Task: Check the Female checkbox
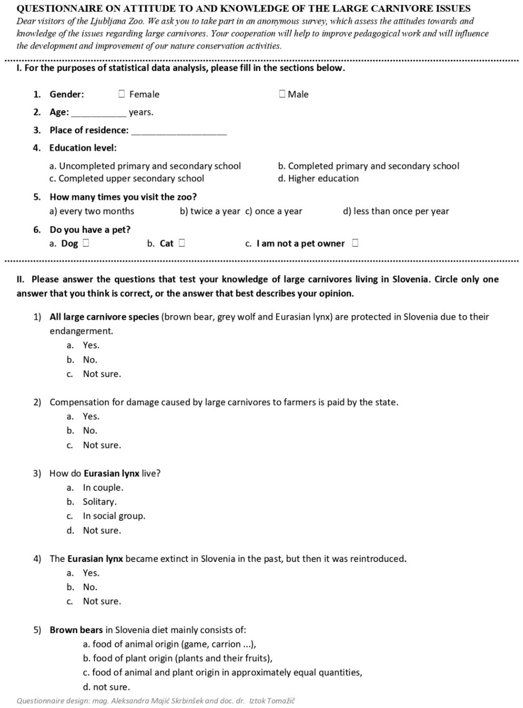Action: [x=122, y=94]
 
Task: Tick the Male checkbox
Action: [x=282, y=94]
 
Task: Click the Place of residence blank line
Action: [x=179, y=131]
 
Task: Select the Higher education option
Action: [x=318, y=179]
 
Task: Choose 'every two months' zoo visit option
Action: [x=92, y=211]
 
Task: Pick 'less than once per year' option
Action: [x=396, y=211]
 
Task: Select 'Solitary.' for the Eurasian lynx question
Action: [x=100, y=502]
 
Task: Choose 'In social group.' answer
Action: [x=114, y=516]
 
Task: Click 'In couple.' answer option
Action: [x=103, y=487]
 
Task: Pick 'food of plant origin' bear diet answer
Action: [x=178, y=658]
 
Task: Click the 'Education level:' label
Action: [x=83, y=148]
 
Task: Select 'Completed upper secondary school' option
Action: [x=127, y=179]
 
